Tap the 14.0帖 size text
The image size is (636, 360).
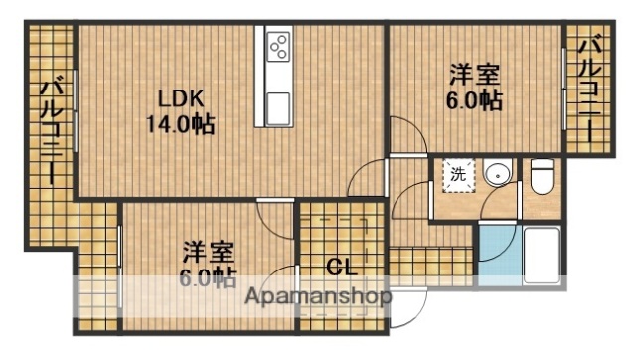click(180, 125)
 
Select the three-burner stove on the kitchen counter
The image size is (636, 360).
click(278, 46)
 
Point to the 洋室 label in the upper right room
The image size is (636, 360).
click(474, 75)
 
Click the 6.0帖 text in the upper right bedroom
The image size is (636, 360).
click(474, 100)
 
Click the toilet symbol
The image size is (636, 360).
click(542, 176)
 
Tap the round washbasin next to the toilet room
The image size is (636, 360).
click(496, 175)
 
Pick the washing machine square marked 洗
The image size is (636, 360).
click(456, 175)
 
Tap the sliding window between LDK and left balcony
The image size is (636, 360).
click(76, 109)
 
